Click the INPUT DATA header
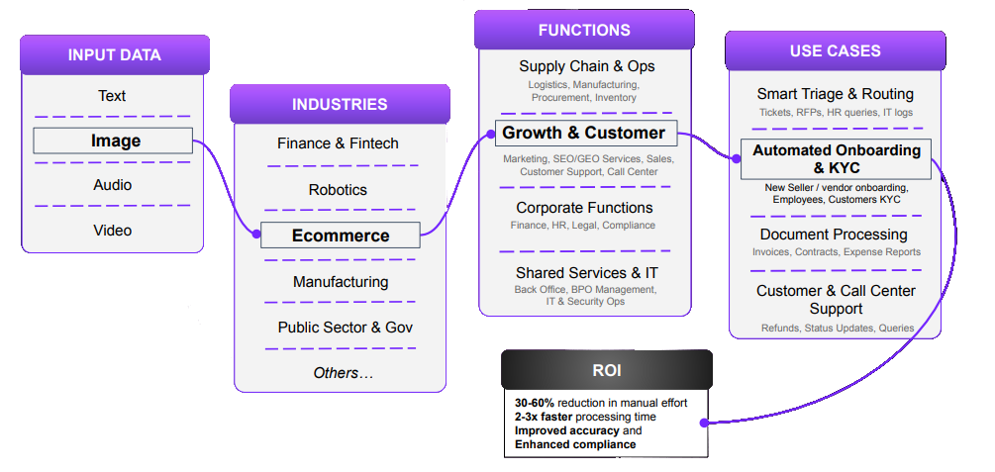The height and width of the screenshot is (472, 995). pos(115,54)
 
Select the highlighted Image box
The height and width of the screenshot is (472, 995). pos(113,141)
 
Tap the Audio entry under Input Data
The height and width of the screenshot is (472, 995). pos(113,185)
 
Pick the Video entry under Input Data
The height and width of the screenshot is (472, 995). pos(113,230)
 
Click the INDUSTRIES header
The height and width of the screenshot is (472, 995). pos(340,104)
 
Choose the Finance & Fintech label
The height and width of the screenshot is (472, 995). pos(339,143)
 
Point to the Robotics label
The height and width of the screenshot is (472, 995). pos(339,190)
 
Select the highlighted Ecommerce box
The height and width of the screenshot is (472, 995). pos(341,236)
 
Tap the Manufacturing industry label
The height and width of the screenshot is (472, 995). pos(341,281)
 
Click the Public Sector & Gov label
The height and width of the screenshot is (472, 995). pos(346,328)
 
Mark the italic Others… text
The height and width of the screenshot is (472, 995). pos(344,373)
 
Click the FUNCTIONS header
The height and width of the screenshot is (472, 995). pos(584,30)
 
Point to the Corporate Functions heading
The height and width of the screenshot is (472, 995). pos(584,208)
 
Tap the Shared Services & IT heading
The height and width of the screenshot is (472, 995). pos(587,273)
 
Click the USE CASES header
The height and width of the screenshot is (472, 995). pos(835,50)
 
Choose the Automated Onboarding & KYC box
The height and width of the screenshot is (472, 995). pos(836,159)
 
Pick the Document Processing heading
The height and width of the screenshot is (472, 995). pos(834,235)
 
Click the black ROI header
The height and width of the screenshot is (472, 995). pos(607,370)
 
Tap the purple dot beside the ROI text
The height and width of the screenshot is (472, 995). pos(703,423)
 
